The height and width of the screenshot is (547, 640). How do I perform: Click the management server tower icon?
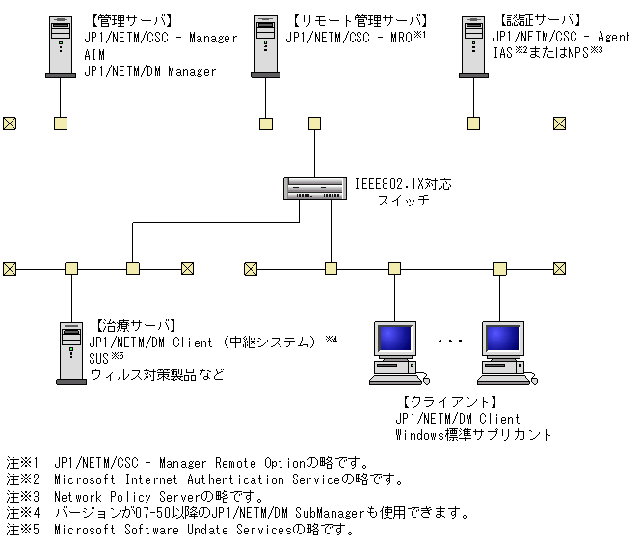[60, 44]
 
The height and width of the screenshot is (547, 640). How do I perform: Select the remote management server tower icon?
[265, 44]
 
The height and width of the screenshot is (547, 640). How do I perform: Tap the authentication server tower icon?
[472, 44]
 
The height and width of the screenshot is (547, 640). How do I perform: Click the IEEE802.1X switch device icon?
[315, 187]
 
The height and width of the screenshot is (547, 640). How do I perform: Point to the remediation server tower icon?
[70, 352]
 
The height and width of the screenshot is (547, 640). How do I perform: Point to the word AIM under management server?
[95, 55]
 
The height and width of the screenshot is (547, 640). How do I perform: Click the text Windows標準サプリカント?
[473, 435]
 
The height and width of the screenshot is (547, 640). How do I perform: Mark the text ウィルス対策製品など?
[156, 373]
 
